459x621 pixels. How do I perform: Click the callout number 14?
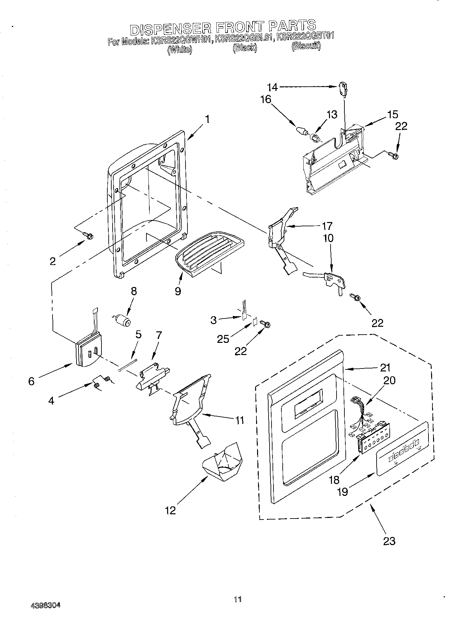(273, 87)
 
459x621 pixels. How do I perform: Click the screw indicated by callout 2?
(88, 235)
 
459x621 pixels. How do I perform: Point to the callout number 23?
(389, 541)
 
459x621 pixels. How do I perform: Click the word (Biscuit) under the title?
(306, 46)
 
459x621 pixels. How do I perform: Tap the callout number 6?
(31, 382)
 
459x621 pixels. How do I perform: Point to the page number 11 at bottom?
(238, 599)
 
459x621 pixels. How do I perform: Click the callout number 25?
(223, 339)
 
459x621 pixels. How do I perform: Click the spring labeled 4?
(102, 382)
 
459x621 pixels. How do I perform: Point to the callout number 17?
(327, 226)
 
